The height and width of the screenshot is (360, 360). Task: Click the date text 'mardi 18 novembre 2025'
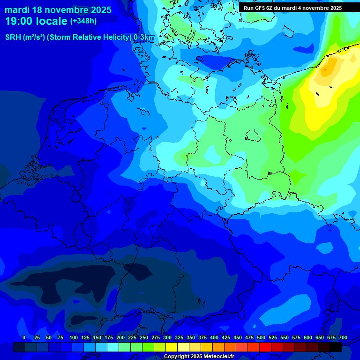(58, 10)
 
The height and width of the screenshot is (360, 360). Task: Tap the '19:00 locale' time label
(37, 21)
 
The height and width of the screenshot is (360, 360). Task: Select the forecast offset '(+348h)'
(83, 21)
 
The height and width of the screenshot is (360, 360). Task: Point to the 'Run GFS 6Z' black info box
(292, 7)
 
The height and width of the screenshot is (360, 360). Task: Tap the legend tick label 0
(24, 337)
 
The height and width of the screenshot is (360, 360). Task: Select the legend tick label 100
(74, 337)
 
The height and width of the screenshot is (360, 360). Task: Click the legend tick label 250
(144, 337)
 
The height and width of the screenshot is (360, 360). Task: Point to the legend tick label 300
(167, 337)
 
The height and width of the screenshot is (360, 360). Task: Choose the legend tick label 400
(214, 337)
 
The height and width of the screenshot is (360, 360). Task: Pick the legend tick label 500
(261, 337)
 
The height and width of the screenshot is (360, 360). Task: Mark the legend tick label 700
(343, 337)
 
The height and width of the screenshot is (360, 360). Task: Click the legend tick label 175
(109, 337)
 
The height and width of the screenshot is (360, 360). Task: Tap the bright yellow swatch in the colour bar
(172, 347)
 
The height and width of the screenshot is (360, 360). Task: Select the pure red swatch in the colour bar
(265, 347)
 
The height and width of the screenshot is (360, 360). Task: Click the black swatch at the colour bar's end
(336, 347)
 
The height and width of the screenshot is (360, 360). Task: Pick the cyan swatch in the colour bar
(113, 347)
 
